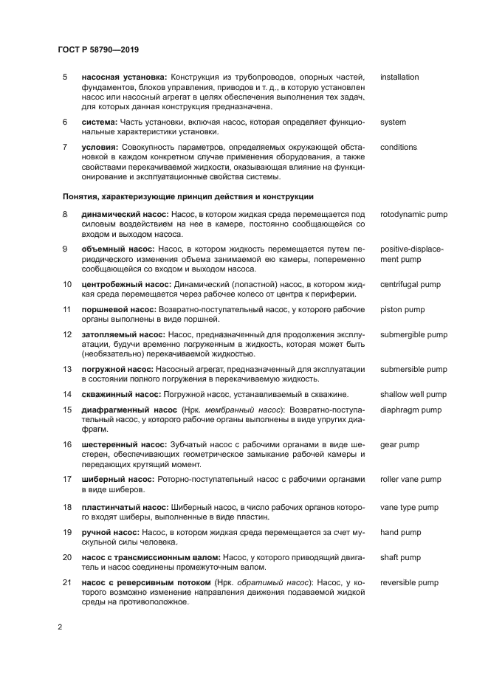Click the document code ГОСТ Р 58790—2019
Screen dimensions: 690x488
(x=98, y=49)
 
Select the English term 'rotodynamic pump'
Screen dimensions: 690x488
(x=413, y=214)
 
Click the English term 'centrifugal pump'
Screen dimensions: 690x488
(x=410, y=284)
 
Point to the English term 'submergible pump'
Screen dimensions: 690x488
(x=413, y=334)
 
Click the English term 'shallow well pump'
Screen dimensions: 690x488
(x=413, y=394)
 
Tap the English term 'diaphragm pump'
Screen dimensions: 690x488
(x=410, y=410)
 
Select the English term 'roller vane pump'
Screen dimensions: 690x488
(x=410, y=479)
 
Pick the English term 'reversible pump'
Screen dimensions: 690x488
(x=410, y=582)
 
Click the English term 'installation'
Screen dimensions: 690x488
(x=399, y=77)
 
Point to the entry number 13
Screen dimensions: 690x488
(x=66, y=369)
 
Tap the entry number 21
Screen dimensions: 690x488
(x=66, y=582)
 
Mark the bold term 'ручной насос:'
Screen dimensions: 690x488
(x=110, y=532)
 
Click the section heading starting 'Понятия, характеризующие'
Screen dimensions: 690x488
(x=188, y=196)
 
